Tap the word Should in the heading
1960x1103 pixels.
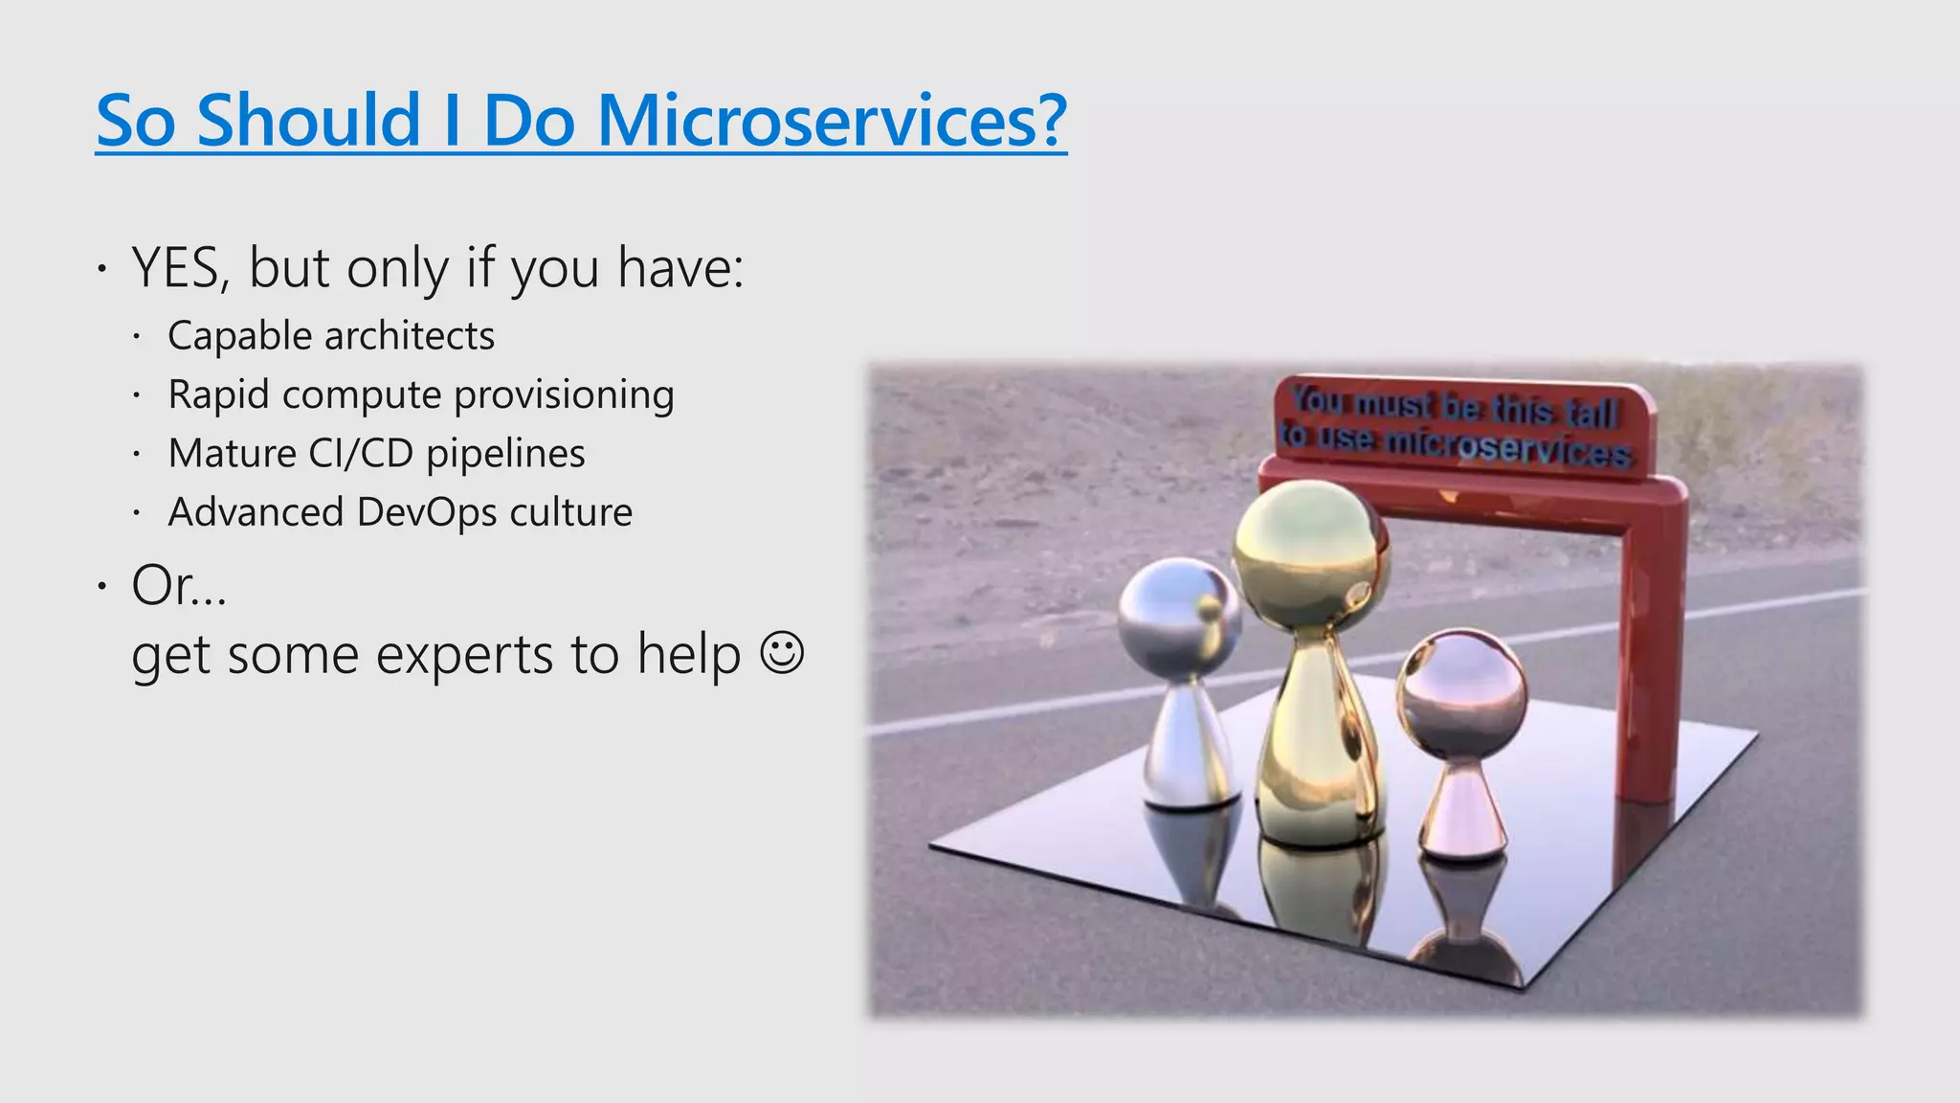tap(308, 121)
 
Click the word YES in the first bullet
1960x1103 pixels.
tap(175, 268)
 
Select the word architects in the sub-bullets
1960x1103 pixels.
tap(410, 336)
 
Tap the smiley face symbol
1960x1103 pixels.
tap(781, 654)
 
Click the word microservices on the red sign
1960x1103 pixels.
tap(1507, 446)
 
